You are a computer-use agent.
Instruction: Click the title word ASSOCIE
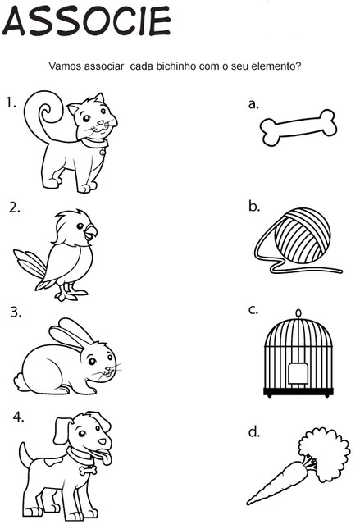(86, 21)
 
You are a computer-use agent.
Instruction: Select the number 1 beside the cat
(11, 103)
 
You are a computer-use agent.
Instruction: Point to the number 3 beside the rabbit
(16, 312)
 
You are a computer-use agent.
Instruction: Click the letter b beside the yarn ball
(254, 206)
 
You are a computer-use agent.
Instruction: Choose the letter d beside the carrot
(254, 431)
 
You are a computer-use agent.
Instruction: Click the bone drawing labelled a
(298, 128)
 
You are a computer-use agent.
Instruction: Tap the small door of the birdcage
(298, 373)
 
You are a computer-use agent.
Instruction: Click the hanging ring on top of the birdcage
(298, 313)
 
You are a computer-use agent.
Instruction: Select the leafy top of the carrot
(325, 452)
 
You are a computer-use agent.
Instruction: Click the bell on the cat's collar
(102, 153)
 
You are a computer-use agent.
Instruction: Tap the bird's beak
(91, 232)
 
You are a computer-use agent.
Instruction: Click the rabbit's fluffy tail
(20, 382)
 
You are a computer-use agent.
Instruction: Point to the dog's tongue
(105, 458)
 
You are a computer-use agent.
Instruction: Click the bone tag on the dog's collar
(89, 470)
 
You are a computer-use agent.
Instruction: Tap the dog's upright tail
(25, 454)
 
